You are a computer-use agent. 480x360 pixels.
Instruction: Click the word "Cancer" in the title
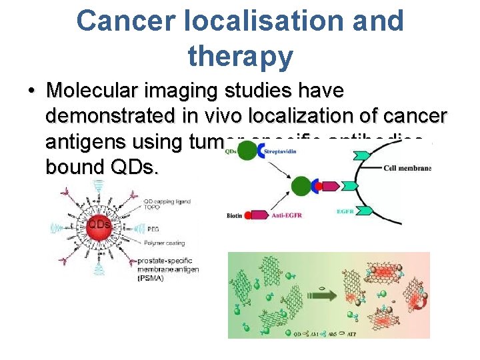point(126,21)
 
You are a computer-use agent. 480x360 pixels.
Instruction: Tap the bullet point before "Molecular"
point(31,91)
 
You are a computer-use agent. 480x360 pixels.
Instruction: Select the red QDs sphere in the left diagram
point(99,224)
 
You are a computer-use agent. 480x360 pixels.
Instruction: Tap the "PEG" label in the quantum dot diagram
point(144,227)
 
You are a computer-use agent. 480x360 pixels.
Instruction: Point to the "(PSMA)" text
point(151,278)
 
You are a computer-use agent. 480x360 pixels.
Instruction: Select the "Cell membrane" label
point(408,168)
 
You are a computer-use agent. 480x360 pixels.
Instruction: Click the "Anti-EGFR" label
point(289,215)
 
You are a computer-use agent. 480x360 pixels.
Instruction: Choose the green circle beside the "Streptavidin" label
point(247,153)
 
